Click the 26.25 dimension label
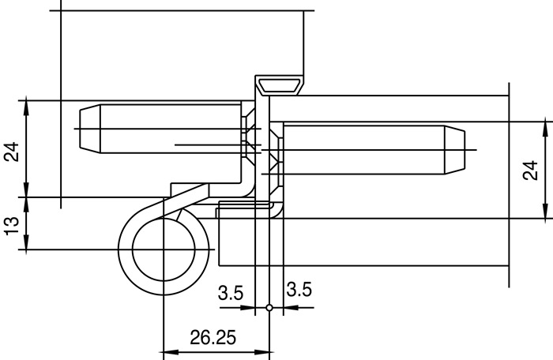point(213,338)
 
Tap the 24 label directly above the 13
point(12,152)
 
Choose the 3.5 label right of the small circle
point(299,290)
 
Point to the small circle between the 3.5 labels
point(269,308)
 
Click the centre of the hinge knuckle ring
point(162,249)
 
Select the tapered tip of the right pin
point(456,149)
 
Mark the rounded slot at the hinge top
point(280,84)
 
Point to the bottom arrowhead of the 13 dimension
point(27,246)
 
